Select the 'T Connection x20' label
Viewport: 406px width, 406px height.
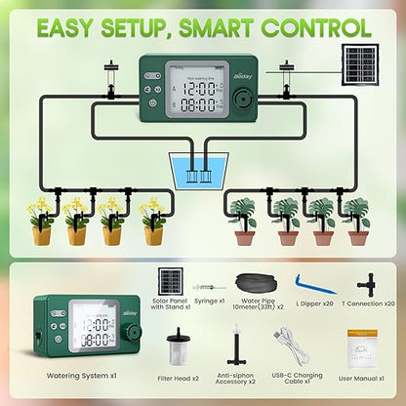click(x=375, y=303)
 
